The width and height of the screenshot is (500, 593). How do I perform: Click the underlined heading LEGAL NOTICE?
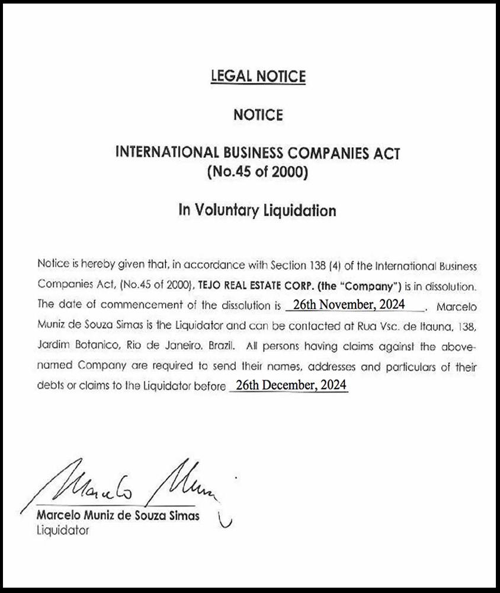[x=258, y=76]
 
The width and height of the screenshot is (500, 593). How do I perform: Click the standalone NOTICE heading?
[x=258, y=114]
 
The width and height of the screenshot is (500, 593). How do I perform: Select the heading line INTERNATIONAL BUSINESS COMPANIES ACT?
[x=258, y=153]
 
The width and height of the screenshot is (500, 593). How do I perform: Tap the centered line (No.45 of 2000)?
[x=258, y=173]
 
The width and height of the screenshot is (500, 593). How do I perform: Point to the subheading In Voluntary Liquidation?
[x=258, y=210]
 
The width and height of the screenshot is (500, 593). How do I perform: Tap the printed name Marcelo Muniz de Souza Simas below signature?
[x=118, y=515]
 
